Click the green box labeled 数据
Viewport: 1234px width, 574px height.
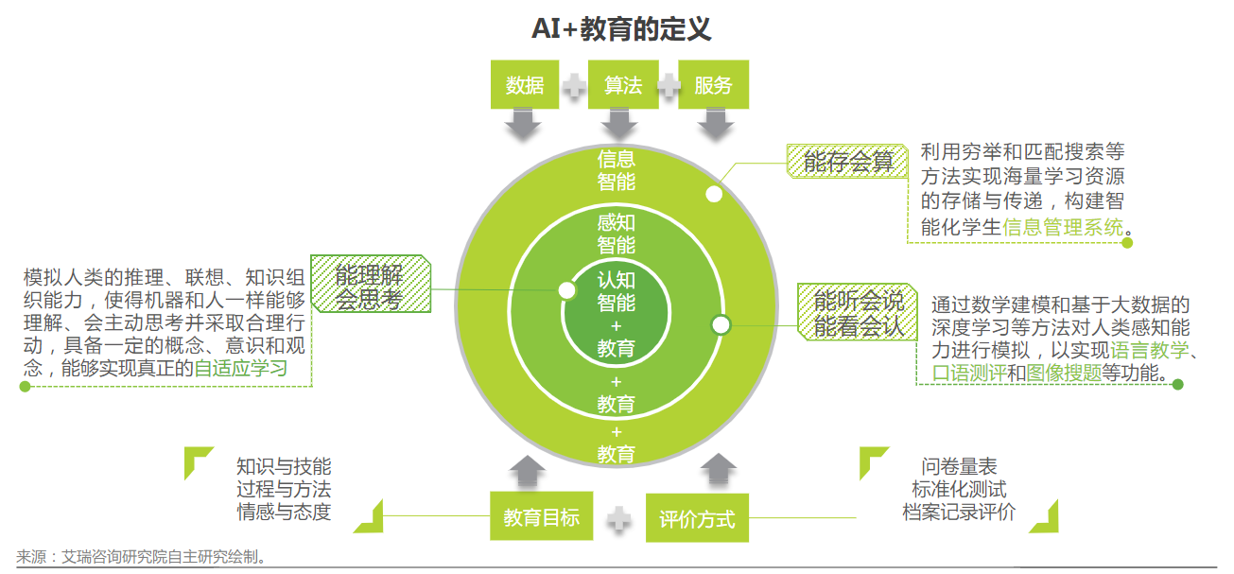(x=525, y=85)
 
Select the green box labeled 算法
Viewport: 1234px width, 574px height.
(x=623, y=85)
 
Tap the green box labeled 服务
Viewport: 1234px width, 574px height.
(x=713, y=85)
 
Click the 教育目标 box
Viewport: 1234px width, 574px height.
(x=541, y=516)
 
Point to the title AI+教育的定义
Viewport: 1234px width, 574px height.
(x=620, y=29)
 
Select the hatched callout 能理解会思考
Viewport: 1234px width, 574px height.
(x=370, y=287)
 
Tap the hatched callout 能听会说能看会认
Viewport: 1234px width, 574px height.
(x=858, y=312)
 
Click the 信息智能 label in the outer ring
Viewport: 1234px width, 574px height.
(x=616, y=170)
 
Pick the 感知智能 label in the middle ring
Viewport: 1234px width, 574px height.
(x=616, y=235)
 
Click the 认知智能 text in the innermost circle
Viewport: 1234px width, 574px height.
(x=616, y=291)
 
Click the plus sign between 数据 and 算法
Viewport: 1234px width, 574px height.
(x=574, y=86)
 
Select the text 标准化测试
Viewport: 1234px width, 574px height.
(x=959, y=490)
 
